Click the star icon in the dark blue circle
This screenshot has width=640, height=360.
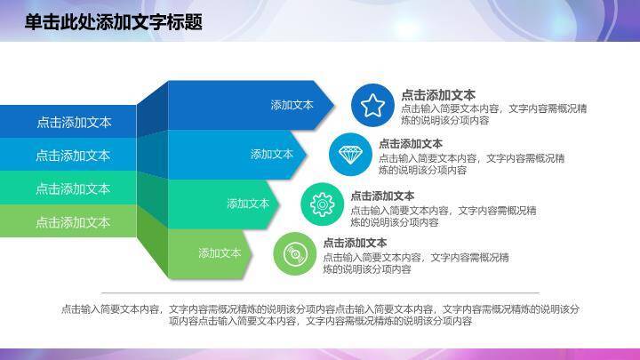(372, 106)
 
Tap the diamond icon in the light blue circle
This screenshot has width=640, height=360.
(351, 154)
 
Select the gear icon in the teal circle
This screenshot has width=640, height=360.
(322, 204)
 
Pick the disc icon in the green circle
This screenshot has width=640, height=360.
(294, 255)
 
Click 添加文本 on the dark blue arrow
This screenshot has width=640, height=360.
(292, 105)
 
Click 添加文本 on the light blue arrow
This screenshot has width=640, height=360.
(271, 154)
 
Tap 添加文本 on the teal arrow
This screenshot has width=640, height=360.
(248, 204)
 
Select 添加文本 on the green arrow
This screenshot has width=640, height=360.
(220, 253)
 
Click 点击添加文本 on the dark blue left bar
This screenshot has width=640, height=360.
(74, 123)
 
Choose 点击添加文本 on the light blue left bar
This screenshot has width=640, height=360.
(74, 156)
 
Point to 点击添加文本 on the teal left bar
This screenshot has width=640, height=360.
(74, 188)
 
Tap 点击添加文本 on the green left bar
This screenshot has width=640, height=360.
(74, 222)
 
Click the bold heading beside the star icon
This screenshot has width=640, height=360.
(437, 95)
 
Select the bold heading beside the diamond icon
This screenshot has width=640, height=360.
(411, 143)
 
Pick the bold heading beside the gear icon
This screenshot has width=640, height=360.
(382, 196)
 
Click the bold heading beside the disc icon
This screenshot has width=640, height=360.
(355, 243)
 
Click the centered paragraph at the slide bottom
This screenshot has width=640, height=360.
(320, 315)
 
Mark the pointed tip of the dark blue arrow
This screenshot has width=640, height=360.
(335, 105)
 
